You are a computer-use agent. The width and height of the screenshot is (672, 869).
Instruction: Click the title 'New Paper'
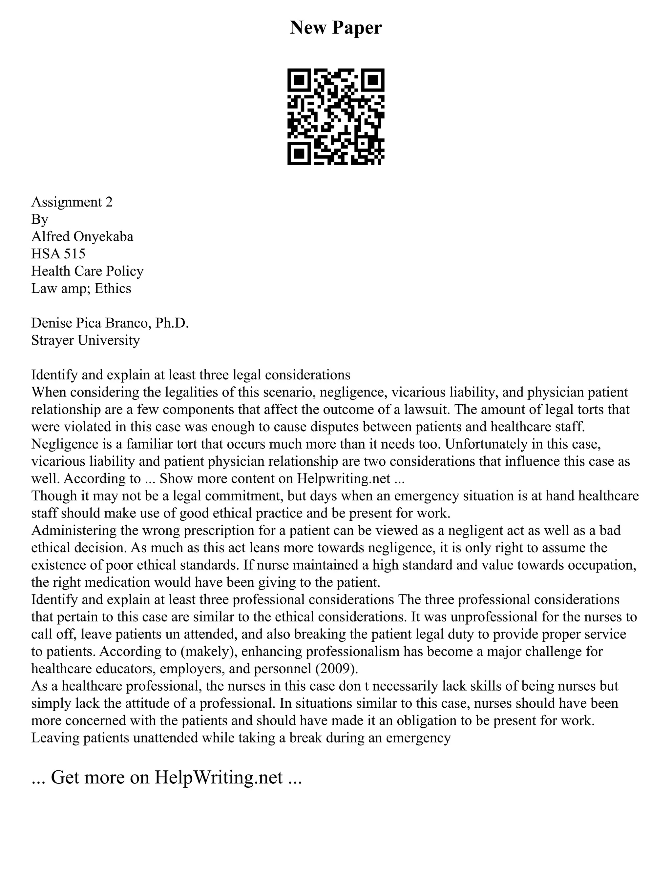(x=336, y=28)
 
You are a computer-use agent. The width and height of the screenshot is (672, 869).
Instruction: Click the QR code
(x=336, y=117)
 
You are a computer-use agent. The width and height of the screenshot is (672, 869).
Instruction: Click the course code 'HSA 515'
(x=58, y=254)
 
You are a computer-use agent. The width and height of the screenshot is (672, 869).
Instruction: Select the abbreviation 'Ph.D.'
(x=172, y=323)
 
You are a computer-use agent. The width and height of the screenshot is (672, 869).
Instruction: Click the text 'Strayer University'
(x=86, y=340)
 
